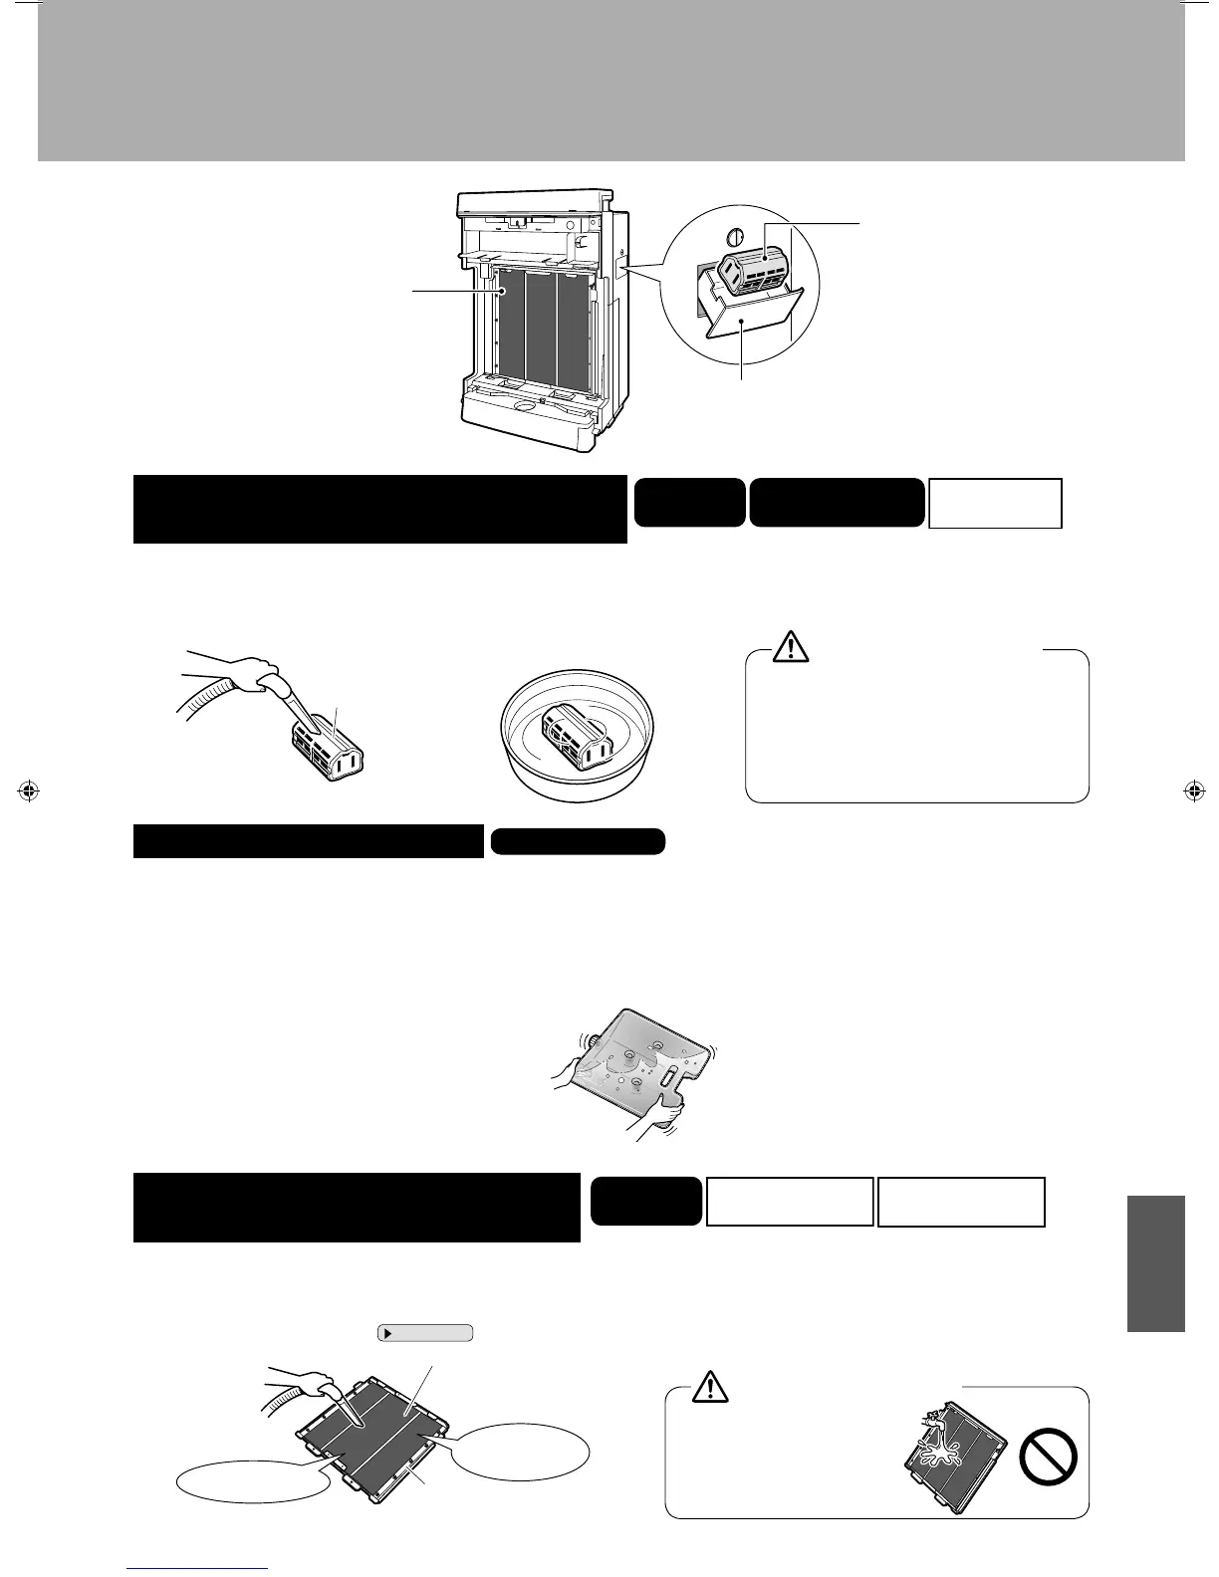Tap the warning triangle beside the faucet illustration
click(710, 1386)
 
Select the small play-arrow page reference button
click(425, 1332)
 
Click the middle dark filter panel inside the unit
click(541, 326)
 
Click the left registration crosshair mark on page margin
click(29, 791)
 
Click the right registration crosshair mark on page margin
click(1191, 791)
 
